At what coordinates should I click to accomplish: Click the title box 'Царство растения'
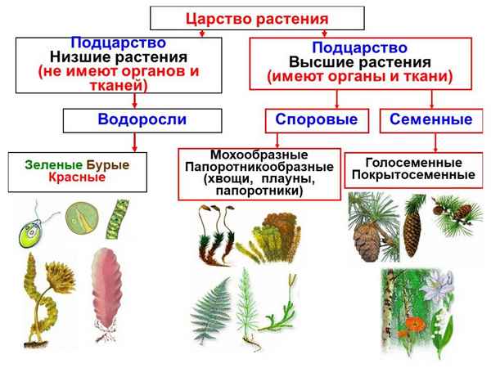[x=245, y=18]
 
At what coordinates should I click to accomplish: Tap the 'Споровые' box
[x=314, y=120]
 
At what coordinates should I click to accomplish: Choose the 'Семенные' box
[x=430, y=120]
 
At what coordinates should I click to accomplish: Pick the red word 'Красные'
[x=76, y=177]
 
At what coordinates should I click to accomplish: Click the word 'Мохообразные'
[x=259, y=155]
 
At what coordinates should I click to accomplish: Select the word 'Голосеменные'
[x=414, y=162]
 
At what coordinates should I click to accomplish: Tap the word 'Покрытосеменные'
[x=413, y=175]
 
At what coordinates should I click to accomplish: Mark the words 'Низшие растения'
[x=119, y=58]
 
